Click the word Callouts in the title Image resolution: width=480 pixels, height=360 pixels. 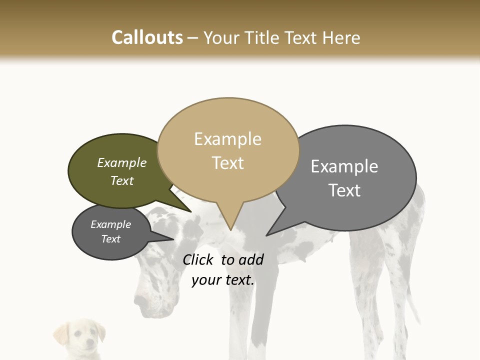pos(147,37)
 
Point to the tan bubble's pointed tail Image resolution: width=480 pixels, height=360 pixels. pos(229,220)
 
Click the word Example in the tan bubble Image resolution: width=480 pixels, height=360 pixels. pos(227,139)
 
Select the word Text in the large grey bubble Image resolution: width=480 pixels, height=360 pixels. pos(344,190)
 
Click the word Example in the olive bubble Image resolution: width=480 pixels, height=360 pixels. pos(121,163)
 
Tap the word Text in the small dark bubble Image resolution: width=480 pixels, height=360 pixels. pos(110,239)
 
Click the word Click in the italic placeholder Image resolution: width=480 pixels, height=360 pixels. pos(198,259)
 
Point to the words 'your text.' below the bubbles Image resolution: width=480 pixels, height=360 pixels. pos(223,280)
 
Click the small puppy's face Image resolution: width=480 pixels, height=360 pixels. pos(81,338)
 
